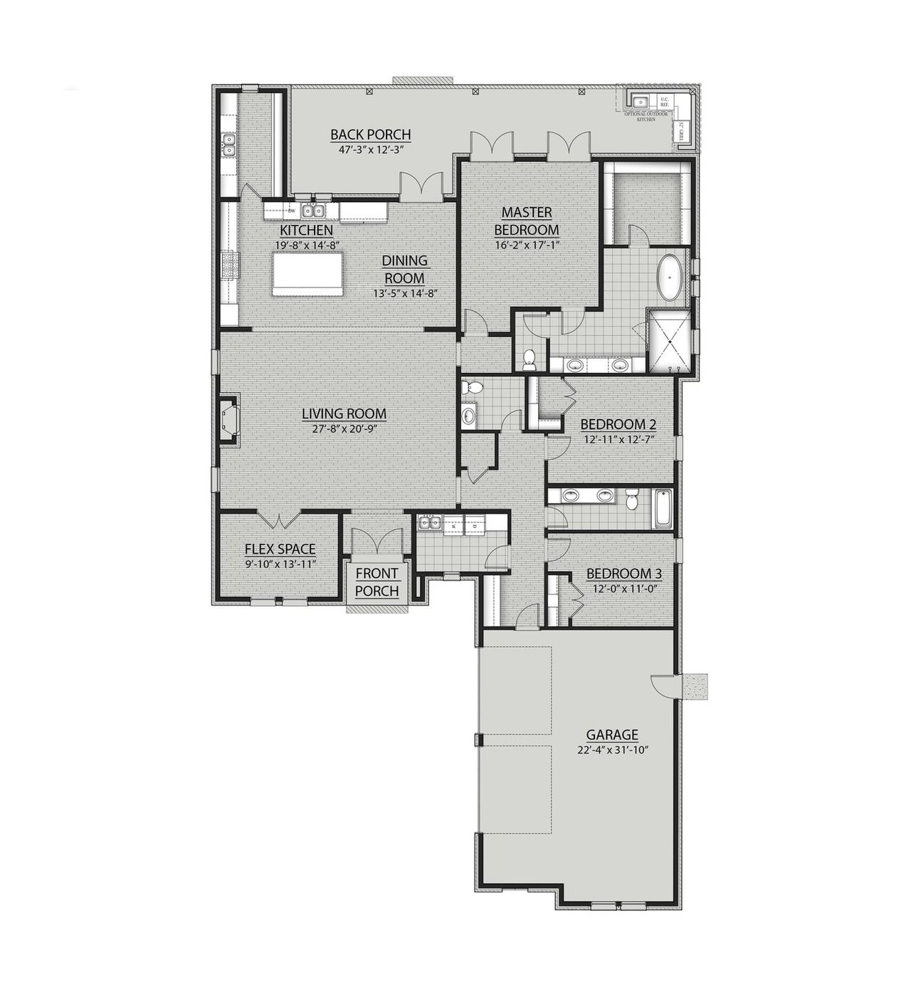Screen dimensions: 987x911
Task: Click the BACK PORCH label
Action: (370, 134)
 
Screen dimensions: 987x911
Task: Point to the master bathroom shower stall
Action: (669, 342)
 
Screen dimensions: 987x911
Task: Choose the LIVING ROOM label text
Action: (344, 413)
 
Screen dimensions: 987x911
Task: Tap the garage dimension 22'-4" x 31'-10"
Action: (612, 749)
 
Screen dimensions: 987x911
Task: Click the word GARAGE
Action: (612, 735)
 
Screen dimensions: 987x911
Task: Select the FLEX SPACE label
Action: (280, 549)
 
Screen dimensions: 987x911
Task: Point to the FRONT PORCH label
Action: (376, 582)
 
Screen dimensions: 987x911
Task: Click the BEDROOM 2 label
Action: (618, 425)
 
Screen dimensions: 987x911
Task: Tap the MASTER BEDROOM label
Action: (526, 221)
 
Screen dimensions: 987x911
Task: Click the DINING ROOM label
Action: (404, 269)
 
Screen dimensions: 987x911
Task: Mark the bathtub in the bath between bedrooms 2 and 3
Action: (663, 508)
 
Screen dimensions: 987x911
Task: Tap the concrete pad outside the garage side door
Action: (695, 686)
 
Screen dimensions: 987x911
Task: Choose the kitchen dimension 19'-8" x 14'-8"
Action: (305, 245)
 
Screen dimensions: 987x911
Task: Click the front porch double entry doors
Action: (376, 541)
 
